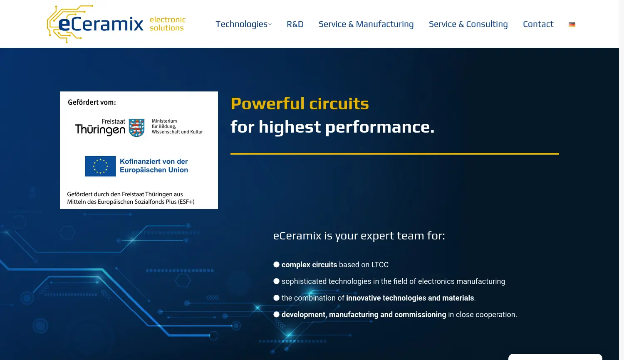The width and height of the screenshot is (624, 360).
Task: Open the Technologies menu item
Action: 243,24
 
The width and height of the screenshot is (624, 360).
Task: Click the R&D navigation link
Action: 295,24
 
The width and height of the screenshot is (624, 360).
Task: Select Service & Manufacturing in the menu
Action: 366,24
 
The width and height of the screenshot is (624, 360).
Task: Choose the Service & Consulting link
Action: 468,24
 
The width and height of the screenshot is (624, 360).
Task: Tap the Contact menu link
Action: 538,24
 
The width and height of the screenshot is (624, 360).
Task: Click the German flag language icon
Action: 572,25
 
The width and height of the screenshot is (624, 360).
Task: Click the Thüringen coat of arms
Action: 136,128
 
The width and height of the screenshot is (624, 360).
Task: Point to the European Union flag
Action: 100,166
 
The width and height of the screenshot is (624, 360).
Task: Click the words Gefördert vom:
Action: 92,102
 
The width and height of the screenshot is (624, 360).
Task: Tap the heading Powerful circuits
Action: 300,104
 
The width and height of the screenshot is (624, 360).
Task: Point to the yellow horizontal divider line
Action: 394,154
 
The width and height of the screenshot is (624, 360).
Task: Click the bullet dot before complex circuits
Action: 276,264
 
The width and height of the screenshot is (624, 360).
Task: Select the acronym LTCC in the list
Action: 380,265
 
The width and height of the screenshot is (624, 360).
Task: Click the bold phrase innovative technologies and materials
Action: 410,298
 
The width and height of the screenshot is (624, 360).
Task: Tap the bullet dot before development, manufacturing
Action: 276,314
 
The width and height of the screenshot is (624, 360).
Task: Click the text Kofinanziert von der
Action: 154,161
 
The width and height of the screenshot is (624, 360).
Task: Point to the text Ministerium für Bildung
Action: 164,123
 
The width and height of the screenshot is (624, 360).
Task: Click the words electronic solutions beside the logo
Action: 167,24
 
